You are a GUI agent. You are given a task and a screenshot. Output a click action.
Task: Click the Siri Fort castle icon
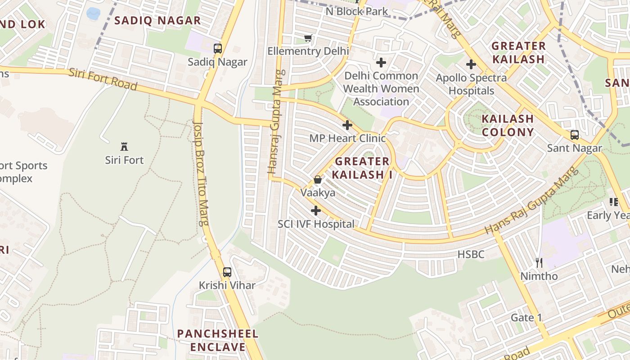(124, 146)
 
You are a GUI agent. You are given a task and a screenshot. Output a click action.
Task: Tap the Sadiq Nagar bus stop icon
(218, 49)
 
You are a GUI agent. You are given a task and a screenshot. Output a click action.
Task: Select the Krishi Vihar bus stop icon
(227, 272)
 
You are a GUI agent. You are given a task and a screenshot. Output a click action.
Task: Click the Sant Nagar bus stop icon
(575, 135)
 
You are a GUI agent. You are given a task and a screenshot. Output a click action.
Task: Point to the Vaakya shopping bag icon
(318, 180)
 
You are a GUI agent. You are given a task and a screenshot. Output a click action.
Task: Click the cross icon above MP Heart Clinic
(347, 125)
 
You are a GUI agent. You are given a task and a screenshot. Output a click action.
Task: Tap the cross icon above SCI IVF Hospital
(316, 210)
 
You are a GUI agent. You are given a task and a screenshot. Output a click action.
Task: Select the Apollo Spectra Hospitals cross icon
(471, 64)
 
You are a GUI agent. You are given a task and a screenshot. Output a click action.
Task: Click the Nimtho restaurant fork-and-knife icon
(539, 262)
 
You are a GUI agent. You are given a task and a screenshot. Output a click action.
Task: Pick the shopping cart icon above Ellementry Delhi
(308, 38)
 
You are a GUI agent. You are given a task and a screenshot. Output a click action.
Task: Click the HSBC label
(471, 255)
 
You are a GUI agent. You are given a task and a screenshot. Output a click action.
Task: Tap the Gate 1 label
(526, 318)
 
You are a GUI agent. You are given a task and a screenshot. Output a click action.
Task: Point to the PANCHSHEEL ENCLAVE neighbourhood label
(218, 340)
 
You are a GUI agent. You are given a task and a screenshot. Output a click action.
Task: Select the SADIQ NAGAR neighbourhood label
(157, 20)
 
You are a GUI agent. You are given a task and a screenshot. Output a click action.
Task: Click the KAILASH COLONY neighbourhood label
(508, 126)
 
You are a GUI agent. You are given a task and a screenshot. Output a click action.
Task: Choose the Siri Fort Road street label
(103, 79)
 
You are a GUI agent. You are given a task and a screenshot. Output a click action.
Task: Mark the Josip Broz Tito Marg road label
(201, 173)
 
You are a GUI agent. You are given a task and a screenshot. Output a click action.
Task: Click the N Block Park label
(356, 11)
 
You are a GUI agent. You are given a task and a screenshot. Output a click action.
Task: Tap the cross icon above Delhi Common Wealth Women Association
(381, 63)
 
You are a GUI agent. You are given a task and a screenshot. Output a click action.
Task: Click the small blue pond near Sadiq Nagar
(93, 13)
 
